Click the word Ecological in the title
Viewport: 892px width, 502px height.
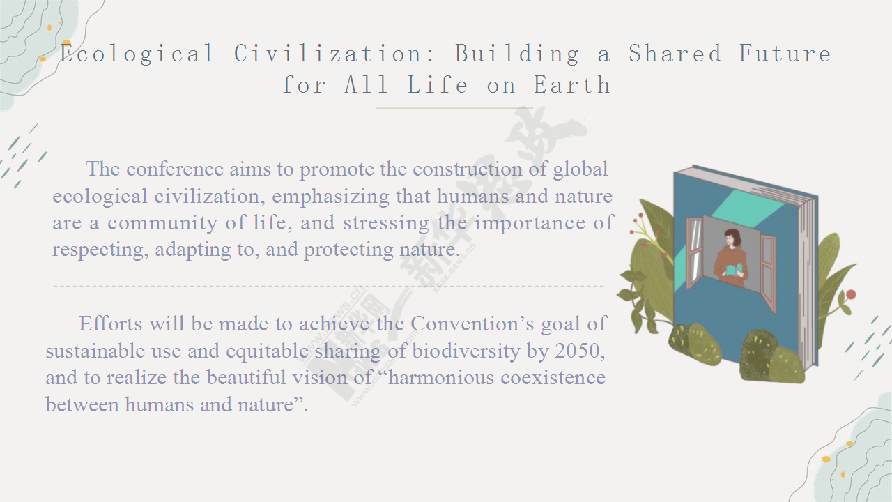(137, 54)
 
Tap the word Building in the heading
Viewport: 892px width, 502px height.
(517, 54)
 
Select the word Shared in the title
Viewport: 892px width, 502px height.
(675, 53)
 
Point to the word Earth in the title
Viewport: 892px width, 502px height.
(572, 84)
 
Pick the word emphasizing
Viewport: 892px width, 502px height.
(330, 197)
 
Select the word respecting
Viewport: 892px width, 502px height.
(100, 250)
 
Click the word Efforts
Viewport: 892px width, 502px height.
(110, 323)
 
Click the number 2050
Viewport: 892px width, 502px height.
(580, 351)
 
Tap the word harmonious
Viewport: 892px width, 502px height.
(441, 377)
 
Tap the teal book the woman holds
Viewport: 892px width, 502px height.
(734, 270)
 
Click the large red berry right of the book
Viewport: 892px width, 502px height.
(851, 294)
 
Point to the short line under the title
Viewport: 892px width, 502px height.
(454, 108)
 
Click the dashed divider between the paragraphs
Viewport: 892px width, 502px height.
(328, 286)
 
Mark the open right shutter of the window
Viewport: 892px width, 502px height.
(768, 272)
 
